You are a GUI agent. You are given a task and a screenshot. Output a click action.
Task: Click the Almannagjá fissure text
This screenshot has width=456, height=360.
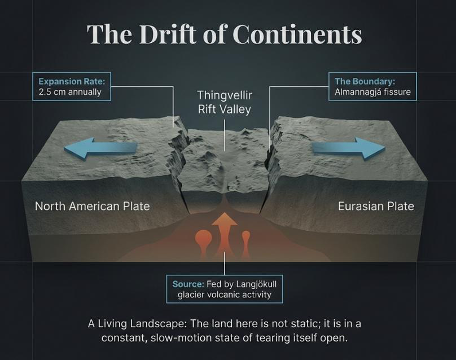coord(372,91)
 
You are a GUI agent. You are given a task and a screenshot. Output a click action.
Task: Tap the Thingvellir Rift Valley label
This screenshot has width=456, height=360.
coord(224,102)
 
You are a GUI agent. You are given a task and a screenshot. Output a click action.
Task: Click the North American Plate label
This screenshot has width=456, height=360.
coord(92,206)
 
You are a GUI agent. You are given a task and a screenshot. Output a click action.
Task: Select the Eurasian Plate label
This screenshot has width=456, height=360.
coord(376,206)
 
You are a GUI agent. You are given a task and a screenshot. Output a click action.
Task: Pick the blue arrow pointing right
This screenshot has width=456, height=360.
coord(349,148)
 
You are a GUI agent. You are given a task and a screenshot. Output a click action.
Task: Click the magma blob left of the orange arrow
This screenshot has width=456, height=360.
coord(203,242)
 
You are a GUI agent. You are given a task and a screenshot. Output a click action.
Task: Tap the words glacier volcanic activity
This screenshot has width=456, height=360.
coord(225,294)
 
